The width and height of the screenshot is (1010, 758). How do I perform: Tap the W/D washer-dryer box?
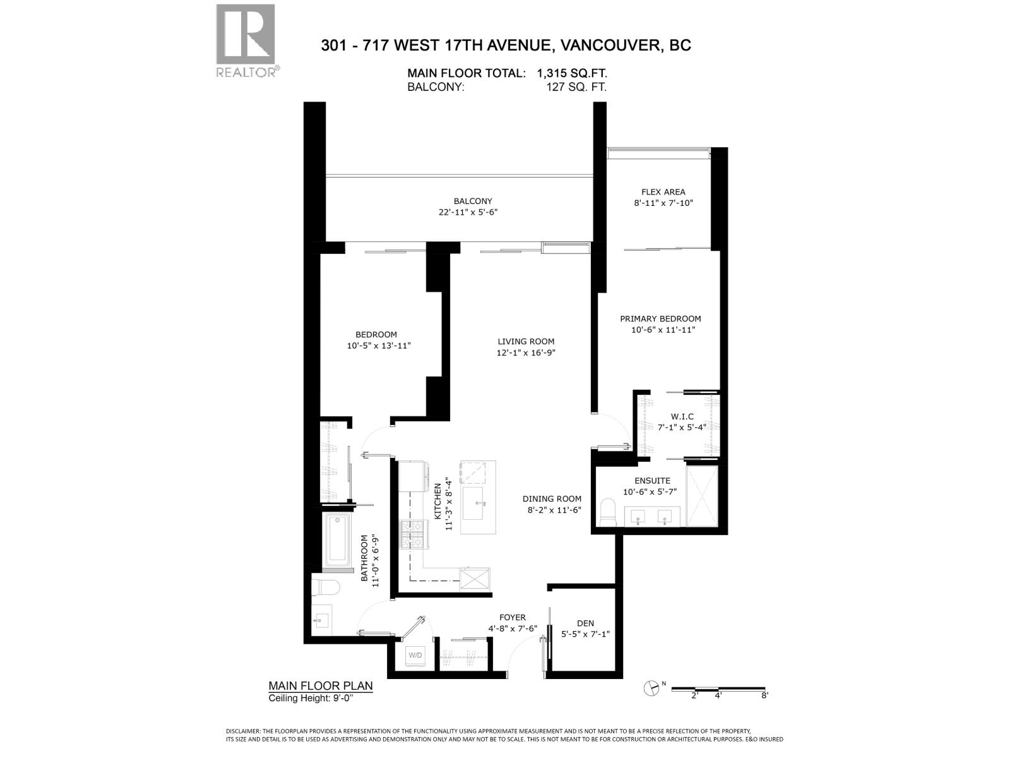pos(415,655)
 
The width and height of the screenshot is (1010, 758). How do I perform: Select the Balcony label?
pos(473,202)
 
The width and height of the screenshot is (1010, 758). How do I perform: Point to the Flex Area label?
pos(663,192)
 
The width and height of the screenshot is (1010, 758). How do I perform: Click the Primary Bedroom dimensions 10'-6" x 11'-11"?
pos(663,330)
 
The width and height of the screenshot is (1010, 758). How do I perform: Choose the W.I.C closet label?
pos(682,417)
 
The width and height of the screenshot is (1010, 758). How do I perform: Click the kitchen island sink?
pos(478,503)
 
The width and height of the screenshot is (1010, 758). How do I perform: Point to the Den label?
pos(585,623)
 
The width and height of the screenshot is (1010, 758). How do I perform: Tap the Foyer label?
pos(512,618)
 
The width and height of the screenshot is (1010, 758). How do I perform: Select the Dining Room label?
pos(552,499)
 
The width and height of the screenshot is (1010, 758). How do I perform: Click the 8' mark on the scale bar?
pos(764,695)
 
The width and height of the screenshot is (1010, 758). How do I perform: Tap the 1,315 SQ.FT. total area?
pos(572,73)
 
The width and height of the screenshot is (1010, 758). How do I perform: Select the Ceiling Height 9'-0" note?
pos(311,698)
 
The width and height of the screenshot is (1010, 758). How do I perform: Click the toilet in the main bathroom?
pos(326,587)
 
